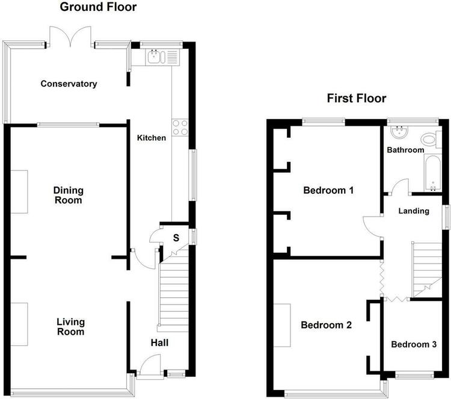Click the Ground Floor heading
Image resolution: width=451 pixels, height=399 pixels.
[98, 7]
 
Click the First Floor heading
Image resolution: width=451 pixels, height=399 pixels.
[357, 98]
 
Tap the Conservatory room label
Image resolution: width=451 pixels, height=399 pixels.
[69, 84]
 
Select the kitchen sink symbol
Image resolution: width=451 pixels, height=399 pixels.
[156, 57]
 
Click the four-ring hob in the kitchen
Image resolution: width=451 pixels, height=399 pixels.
[180, 128]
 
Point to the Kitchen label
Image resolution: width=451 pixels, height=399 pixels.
[152, 138]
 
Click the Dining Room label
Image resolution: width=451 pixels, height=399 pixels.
[69, 195]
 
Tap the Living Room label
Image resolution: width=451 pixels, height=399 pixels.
[70, 326]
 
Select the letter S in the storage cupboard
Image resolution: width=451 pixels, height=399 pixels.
[176, 238]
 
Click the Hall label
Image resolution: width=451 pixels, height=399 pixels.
[159, 342]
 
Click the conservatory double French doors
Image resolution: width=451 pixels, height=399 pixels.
[70, 36]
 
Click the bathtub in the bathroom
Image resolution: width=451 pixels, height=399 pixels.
[432, 173]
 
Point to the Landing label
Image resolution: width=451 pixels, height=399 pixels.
[414, 211]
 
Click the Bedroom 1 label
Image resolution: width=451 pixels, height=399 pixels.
[328, 190]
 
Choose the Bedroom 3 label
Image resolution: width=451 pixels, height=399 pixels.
[414, 344]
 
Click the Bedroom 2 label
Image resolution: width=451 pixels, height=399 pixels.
[326, 325]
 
